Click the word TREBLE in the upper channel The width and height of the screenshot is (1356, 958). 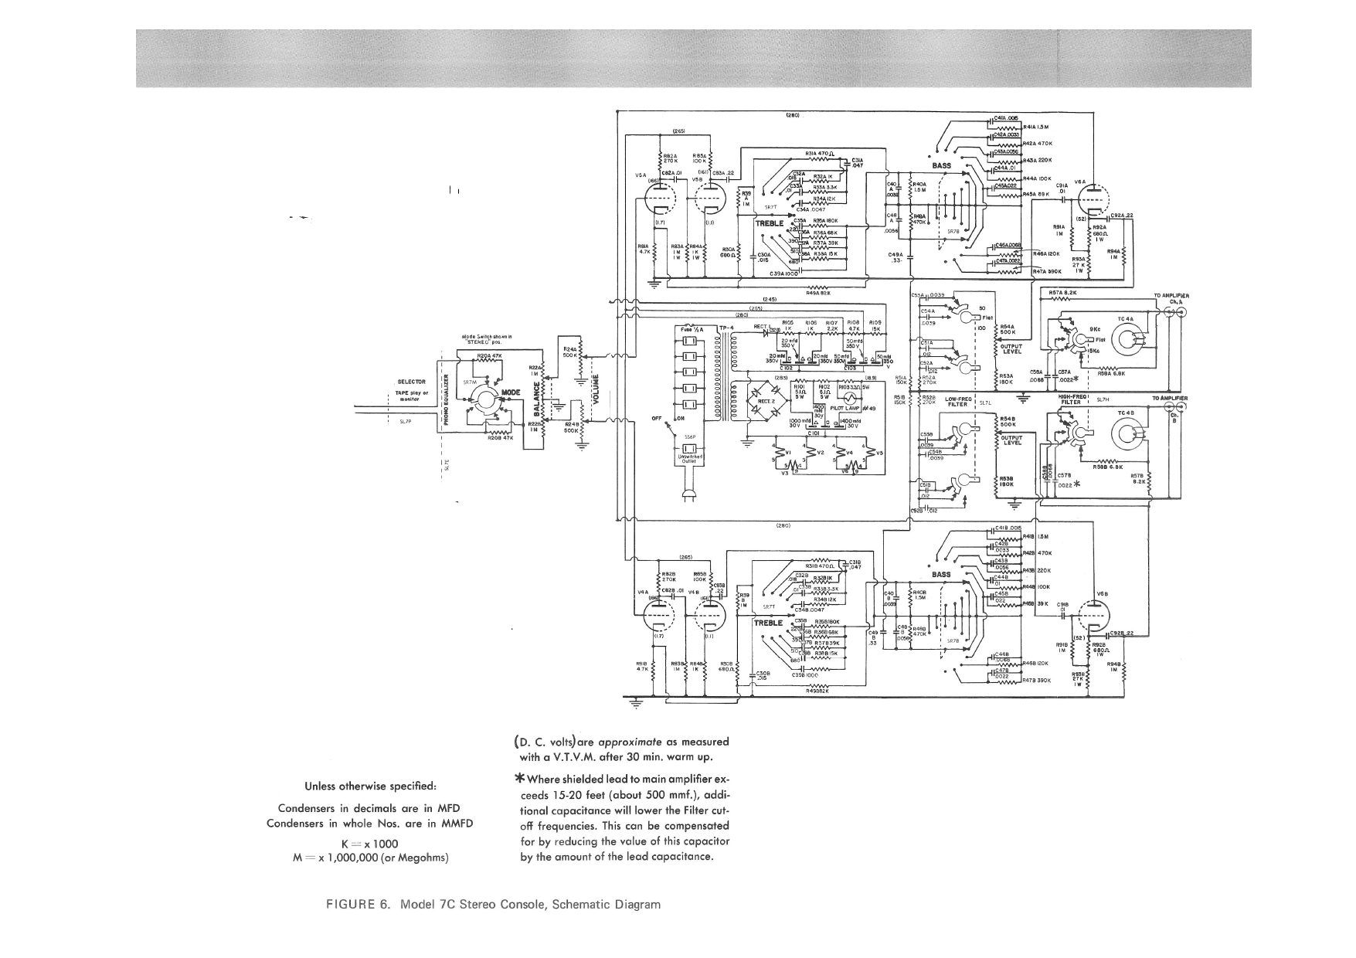(770, 223)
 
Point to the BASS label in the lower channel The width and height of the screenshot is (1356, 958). (941, 574)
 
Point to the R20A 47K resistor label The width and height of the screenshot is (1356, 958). (491, 355)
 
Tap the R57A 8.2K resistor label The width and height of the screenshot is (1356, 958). (1063, 292)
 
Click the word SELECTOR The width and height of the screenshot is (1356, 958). (411, 382)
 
